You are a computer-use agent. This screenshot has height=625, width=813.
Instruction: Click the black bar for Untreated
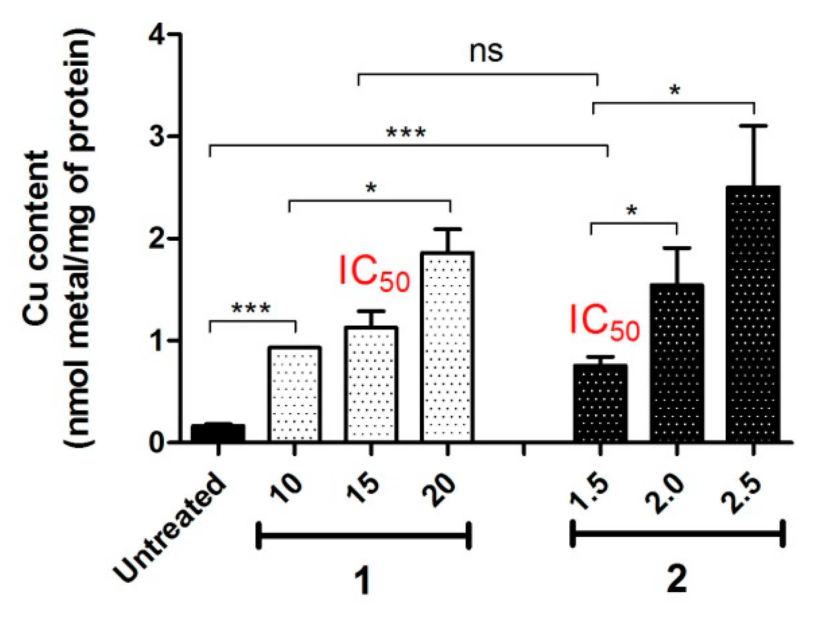coord(217,433)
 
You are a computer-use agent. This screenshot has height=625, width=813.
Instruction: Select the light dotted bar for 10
coord(294,394)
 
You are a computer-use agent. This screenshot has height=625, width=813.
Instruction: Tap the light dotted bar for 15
coord(371,385)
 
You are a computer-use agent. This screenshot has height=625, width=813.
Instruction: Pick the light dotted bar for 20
coord(447,347)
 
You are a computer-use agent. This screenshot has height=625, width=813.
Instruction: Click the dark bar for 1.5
coord(600,404)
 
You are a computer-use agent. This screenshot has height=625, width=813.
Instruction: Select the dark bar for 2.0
coord(676,364)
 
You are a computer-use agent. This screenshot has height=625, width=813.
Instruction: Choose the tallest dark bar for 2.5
coord(753,314)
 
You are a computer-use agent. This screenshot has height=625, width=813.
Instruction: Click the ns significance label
coord(486,52)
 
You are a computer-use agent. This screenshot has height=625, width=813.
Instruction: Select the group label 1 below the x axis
coord(363,581)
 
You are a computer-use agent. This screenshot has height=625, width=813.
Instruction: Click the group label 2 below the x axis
coord(676,579)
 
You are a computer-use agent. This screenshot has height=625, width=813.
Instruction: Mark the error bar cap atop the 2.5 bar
coord(753,126)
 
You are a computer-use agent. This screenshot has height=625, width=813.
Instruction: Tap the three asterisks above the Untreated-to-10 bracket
coord(251,309)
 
